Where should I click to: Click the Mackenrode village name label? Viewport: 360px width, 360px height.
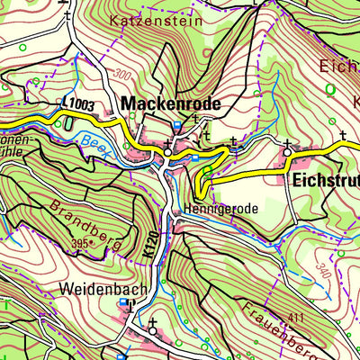[171, 103]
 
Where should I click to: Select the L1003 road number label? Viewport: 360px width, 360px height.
[78, 105]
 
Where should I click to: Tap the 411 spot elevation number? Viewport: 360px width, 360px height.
[298, 318]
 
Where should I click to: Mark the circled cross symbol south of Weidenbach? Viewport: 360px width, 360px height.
[153, 330]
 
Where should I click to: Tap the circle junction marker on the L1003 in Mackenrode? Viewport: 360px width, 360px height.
[167, 155]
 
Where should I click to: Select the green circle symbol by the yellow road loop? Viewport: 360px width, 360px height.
[207, 169]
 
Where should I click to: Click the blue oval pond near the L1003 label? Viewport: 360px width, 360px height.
[68, 124]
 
